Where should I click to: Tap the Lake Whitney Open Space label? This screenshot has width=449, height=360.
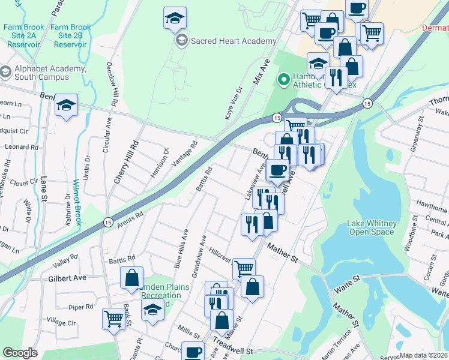tap(371, 228)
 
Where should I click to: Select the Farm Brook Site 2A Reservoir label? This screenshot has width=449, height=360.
tap(22, 32)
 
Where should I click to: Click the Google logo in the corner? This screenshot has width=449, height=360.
tap(20, 353)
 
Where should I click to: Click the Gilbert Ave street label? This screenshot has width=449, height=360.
tap(67, 278)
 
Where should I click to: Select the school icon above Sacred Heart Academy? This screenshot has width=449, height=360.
tap(175, 19)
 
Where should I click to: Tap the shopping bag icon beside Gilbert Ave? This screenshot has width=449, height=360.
tap(131, 278)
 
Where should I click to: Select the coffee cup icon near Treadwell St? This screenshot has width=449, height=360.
tap(193, 352)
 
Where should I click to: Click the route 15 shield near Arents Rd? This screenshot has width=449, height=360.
tap(106, 221)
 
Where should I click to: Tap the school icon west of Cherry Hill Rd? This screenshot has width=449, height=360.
tap(66, 106)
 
